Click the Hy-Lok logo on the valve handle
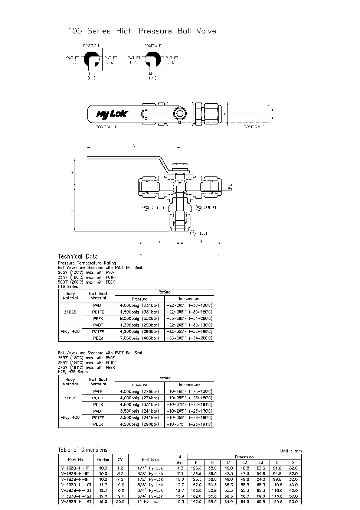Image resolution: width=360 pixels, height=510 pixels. click(x=111, y=114)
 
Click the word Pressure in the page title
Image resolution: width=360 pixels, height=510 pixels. click(x=155, y=31)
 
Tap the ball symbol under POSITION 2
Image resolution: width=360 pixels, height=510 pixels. click(x=152, y=59)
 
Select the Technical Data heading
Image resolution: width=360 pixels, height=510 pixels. click(x=78, y=256)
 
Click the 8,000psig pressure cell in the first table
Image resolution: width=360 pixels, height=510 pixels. click(x=140, y=318)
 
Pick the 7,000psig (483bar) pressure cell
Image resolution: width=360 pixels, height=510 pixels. click(x=140, y=338)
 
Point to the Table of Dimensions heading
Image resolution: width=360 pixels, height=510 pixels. click(x=82, y=450)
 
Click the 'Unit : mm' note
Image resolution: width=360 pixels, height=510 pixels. click(x=291, y=451)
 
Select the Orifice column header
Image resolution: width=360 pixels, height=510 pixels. click(x=103, y=459)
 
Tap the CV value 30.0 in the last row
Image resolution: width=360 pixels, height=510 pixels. click(x=120, y=502)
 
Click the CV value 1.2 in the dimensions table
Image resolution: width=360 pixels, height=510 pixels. click(x=120, y=468)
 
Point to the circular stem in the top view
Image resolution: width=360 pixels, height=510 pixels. click(x=180, y=113)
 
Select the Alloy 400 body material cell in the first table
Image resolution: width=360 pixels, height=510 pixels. click(x=70, y=331)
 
